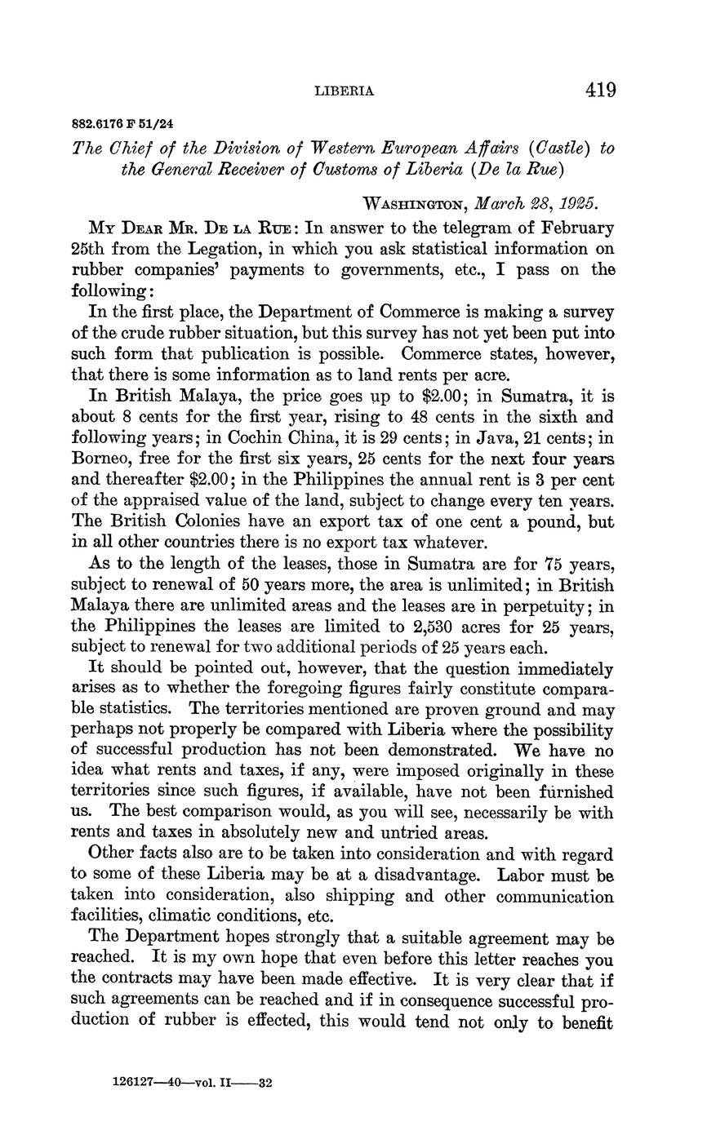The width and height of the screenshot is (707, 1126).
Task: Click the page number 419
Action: click(x=600, y=90)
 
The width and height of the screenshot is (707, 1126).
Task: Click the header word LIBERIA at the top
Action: click(x=345, y=91)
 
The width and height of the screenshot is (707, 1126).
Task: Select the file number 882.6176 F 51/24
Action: click(x=122, y=125)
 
